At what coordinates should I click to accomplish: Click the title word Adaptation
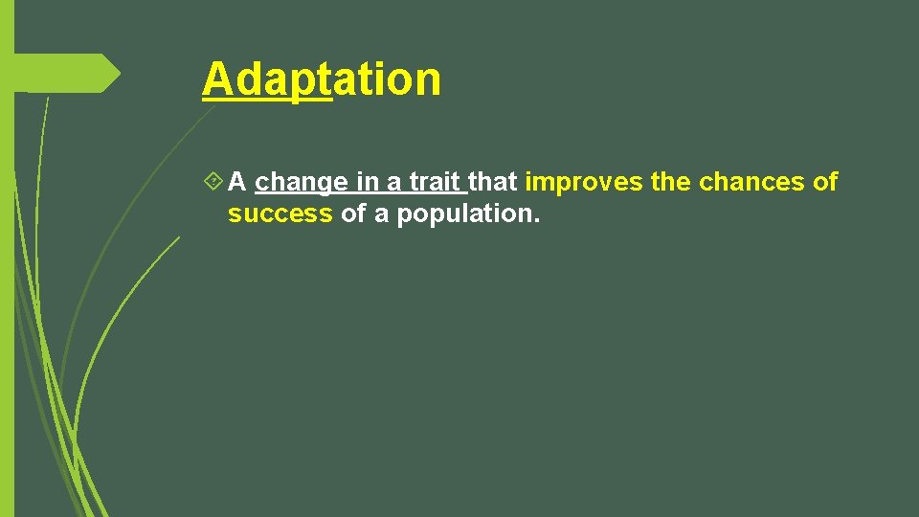coord(322,79)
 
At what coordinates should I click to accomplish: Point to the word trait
coord(436,181)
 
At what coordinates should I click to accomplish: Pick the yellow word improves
coord(584,181)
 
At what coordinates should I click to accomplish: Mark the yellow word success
coord(280,214)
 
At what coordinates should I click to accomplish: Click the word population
coord(465,214)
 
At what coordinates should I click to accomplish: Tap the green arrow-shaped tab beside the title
coord(67,74)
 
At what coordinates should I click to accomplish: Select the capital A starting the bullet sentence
coord(238,181)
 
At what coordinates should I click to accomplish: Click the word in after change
coord(367,181)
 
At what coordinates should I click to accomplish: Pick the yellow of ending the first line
coord(825,181)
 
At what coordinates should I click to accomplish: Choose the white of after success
coord(353,214)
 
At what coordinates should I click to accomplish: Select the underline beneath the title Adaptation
coord(266,98)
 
